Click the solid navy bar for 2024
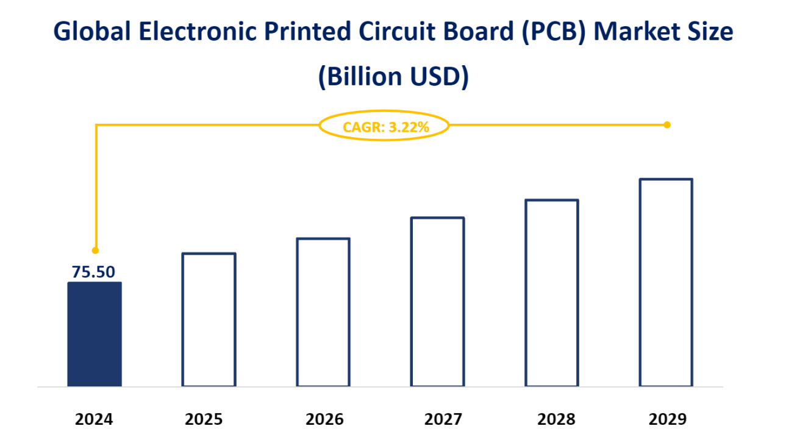tap(95, 334)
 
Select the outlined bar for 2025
tap(209, 319)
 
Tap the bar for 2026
tap(323, 312)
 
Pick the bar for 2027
tap(437, 302)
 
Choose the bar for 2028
tap(552, 293)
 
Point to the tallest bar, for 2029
tap(666, 282)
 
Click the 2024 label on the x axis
tap(95, 419)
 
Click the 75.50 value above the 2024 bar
tap(93, 272)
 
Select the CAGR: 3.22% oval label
tap(385, 127)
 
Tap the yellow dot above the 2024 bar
tap(95, 250)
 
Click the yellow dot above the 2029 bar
tap(667, 125)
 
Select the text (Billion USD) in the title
tap(393, 77)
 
